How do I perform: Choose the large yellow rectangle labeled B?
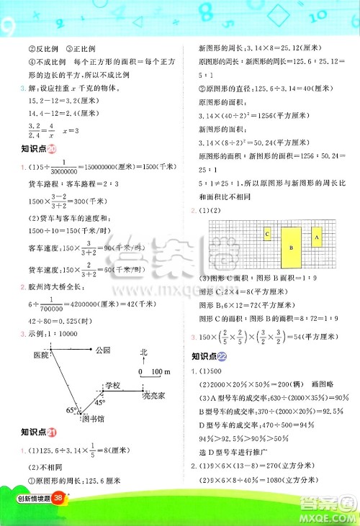click(291, 247)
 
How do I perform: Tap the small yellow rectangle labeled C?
click(267, 235)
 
